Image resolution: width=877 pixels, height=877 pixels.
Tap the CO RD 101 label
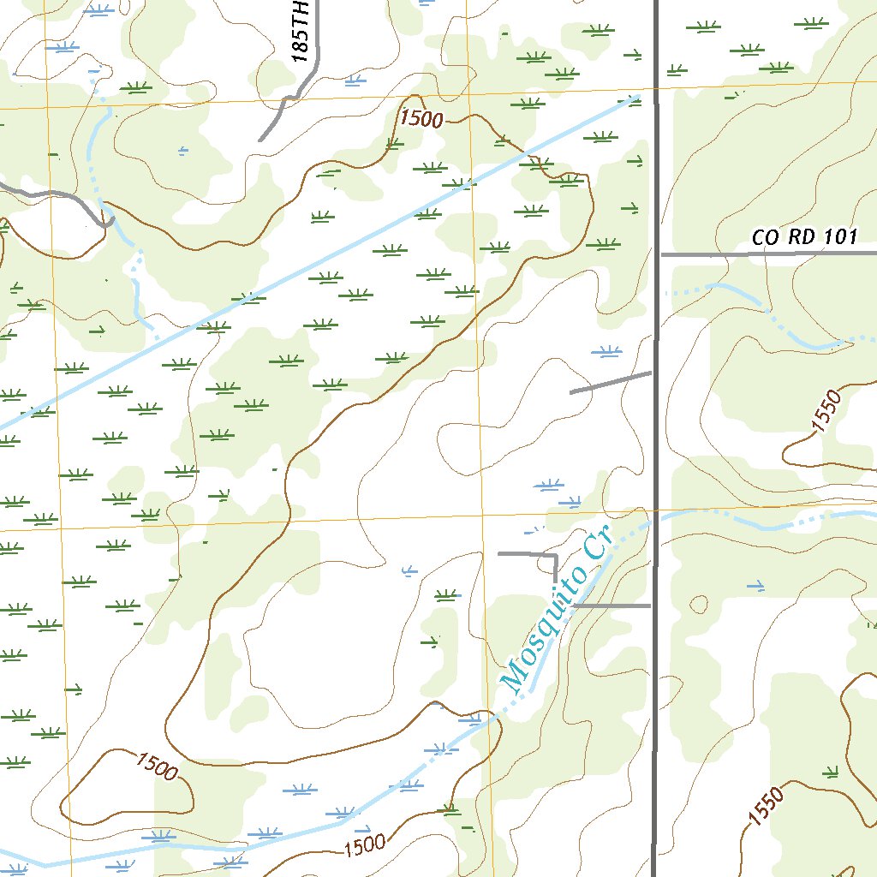[803, 237]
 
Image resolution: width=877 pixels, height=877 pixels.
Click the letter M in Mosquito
[515, 677]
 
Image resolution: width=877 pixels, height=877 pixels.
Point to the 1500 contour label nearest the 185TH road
[421, 118]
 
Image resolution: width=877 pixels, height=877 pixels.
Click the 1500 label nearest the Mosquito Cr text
[365, 847]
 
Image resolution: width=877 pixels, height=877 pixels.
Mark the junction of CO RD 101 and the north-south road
[657, 254]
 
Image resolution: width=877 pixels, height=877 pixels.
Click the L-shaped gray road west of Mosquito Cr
[540, 557]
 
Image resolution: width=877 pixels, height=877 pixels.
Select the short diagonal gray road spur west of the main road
[610, 383]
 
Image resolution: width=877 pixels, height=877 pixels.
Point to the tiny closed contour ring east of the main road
[699, 604]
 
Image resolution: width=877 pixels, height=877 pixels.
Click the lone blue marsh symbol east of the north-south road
[755, 586]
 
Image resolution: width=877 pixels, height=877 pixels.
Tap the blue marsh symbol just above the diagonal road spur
[608, 350]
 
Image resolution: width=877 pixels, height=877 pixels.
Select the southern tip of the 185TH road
[261, 140]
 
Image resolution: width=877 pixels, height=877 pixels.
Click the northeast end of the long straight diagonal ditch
[638, 97]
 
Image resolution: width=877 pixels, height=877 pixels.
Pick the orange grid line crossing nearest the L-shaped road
[481, 517]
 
